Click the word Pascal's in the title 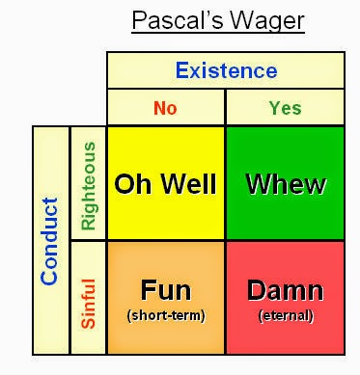pyautogui.click(x=178, y=20)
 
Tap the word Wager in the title pyautogui.click(x=267, y=22)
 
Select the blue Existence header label pyautogui.click(x=226, y=70)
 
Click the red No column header pyautogui.click(x=165, y=108)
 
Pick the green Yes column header pyautogui.click(x=286, y=108)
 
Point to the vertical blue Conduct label pyautogui.click(x=49, y=241)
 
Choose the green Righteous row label pyautogui.click(x=88, y=186)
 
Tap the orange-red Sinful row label pyautogui.click(x=88, y=304)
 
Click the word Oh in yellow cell pyautogui.click(x=132, y=184)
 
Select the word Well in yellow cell pyautogui.click(x=189, y=184)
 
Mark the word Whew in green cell pyautogui.click(x=286, y=184)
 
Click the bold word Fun pyautogui.click(x=166, y=290)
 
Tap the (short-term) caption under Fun pyautogui.click(x=166, y=315)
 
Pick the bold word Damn pyautogui.click(x=286, y=290)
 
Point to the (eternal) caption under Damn pyautogui.click(x=286, y=315)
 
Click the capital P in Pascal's pyautogui.click(x=139, y=20)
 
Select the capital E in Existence pyautogui.click(x=182, y=70)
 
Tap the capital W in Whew pyautogui.click(x=259, y=184)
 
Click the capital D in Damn pyautogui.click(x=256, y=290)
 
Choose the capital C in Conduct pyautogui.click(x=49, y=277)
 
